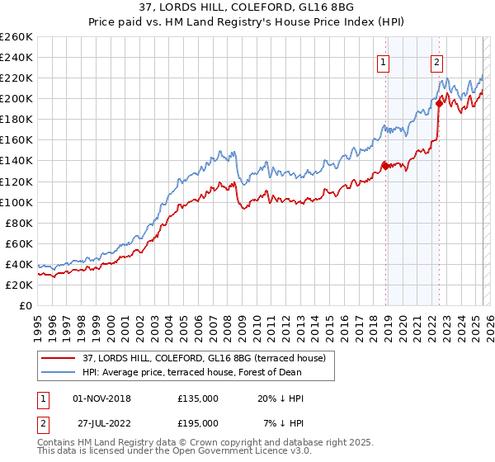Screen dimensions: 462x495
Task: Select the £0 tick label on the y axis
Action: tap(26, 305)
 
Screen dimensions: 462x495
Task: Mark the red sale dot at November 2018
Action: tap(385, 166)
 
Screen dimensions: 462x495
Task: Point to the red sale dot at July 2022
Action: tap(439, 103)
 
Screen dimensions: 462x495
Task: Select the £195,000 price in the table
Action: tap(198, 422)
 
